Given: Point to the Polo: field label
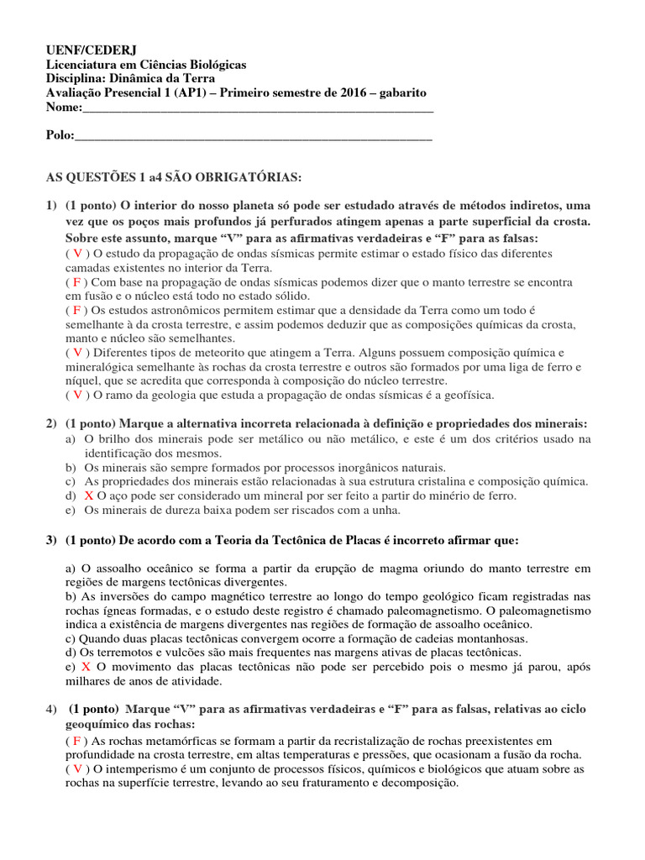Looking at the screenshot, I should click(60, 135).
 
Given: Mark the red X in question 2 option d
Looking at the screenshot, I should click(88, 496).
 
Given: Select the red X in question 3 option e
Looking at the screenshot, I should click(86, 666).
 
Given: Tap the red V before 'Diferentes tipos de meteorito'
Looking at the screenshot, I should click(77, 353).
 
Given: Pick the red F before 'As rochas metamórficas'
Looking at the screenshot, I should click(76, 740).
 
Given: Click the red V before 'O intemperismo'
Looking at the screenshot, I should click(77, 768).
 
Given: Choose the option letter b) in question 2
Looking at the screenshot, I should click(71, 467).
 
